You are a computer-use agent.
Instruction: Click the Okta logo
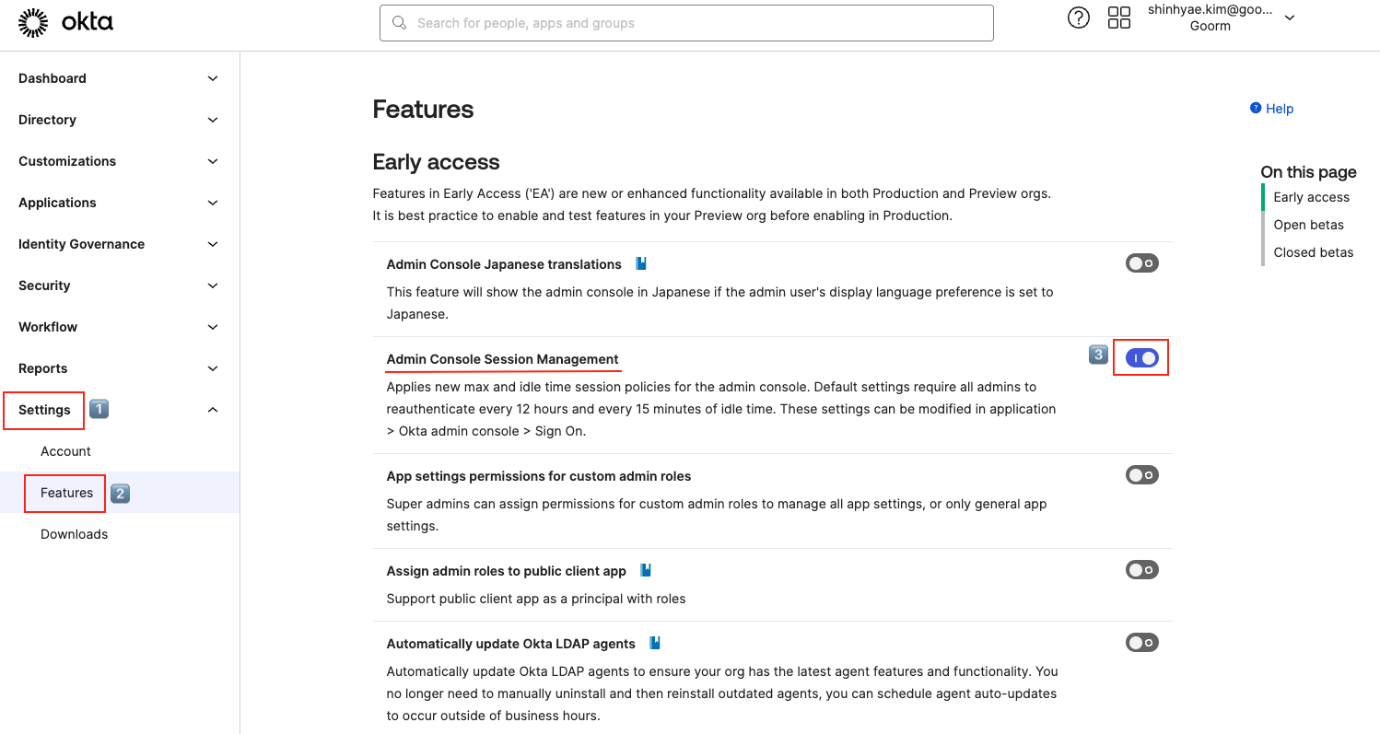[x=65, y=23]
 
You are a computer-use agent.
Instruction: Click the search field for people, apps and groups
[x=686, y=23]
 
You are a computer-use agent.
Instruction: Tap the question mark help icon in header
[x=1078, y=17]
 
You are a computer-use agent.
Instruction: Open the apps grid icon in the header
[x=1118, y=17]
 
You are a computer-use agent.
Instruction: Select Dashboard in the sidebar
[x=53, y=78]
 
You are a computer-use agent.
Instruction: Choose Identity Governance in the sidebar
[x=81, y=244]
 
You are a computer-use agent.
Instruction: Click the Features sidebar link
[x=66, y=493]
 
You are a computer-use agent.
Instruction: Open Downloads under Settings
[x=74, y=534]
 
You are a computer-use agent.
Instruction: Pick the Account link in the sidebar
[x=65, y=451]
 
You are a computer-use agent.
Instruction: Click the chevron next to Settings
[x=213, y=410]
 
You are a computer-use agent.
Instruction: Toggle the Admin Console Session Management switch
[x=1141, y=357]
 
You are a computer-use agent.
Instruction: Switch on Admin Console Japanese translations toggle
[x=1141, y=263]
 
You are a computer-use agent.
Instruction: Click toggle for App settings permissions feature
[x=1141, y=475]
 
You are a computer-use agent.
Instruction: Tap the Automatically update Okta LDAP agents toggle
[x=1141, y=643]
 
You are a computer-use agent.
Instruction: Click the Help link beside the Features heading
[x=1272, y=109]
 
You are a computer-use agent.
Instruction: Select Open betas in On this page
[x=1308, y=225]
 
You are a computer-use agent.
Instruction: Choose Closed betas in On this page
[x=1313, y=252]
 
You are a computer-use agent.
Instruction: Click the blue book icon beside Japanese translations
[x=641, y=263]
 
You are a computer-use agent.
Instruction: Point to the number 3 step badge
[x=1098, y=355]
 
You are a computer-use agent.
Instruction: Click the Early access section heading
[x=436, y=162]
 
